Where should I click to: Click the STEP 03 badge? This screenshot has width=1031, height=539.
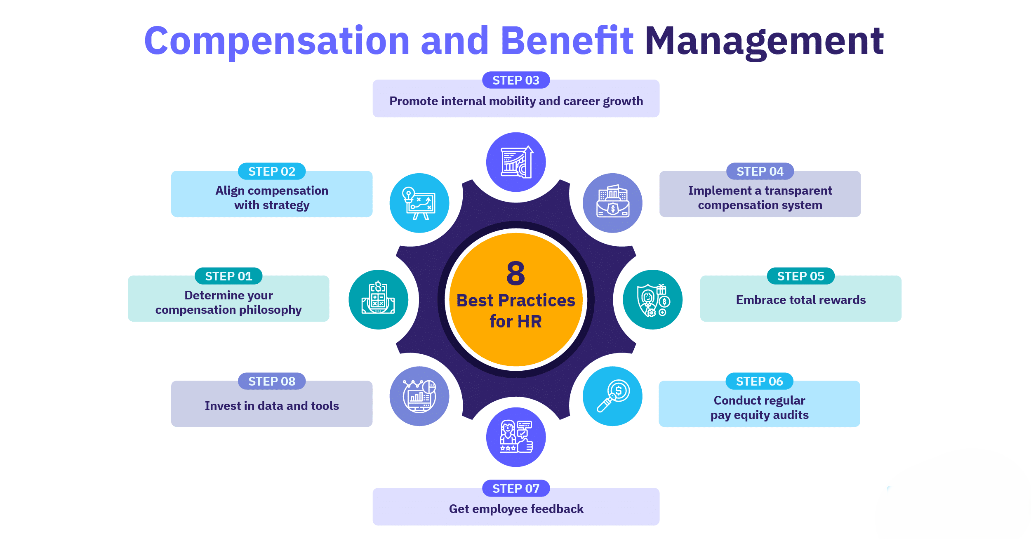point(516,80)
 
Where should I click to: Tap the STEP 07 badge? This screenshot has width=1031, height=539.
point(516,488)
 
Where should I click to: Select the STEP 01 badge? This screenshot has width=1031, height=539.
point(228,276)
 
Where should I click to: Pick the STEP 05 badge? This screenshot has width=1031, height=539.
point(800,276)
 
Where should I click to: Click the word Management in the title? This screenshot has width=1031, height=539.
point(764,42)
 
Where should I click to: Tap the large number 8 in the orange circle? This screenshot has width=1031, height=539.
point(515,273)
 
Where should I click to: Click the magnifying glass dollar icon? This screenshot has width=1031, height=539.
point(612,396)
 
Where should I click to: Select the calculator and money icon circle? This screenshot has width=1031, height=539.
point(379,299)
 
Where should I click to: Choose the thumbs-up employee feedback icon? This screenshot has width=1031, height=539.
point(516,437)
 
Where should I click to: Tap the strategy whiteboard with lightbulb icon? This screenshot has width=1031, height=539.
point(419,203)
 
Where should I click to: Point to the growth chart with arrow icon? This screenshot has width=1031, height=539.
point(516,162)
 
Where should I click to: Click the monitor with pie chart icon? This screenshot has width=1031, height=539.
point(419,396)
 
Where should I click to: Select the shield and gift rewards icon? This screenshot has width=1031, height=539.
point(653,299)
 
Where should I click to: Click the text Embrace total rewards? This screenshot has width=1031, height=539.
point(800,300)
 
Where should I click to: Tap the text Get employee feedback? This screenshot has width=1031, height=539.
point(516,509)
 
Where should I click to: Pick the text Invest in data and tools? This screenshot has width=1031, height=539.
point(272,406)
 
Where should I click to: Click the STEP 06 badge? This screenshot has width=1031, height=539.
point(759,381)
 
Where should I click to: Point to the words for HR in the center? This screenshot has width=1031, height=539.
point(515,321)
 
